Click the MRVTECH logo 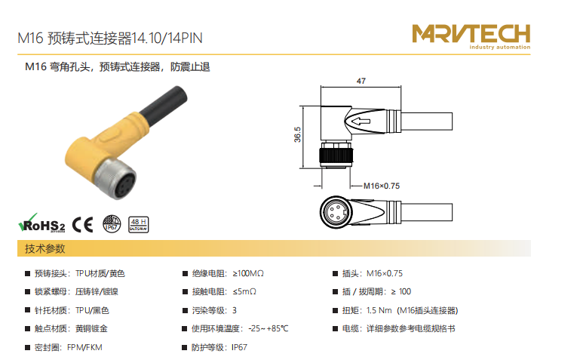tap(471, 36)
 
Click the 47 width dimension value tap(361, 81)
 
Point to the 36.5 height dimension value tap(297, 134)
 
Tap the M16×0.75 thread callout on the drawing tap(382, 186)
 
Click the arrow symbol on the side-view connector tap(361, 121)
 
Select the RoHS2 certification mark tap(41, 223)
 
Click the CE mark tap(82, 225)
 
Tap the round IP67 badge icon tap(112, 224)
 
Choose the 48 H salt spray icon tap(139, 225)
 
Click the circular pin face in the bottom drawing tap(336, 212)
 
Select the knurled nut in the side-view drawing tap(336, 155)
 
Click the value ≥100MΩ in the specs tap(248, 273)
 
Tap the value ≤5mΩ tap(244, 291)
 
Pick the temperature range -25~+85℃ tap(269, 328)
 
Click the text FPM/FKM tap(84, 347)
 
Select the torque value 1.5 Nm tap(379, 310)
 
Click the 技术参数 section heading tap(45, 248)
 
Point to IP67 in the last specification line tap(239, 347)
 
